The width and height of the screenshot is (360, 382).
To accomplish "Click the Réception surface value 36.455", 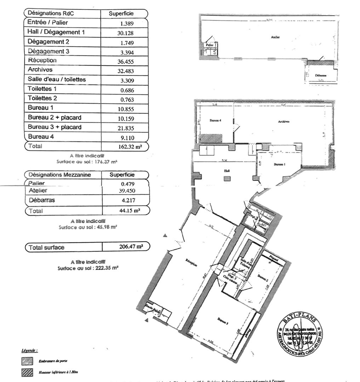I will point(126,61).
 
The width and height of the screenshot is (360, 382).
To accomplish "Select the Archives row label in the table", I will point(40,70).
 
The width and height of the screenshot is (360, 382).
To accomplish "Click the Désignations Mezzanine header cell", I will point(59,175).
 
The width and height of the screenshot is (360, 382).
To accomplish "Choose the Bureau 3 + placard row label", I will point(55,127).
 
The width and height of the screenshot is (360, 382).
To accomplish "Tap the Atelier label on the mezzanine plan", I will point(275,37).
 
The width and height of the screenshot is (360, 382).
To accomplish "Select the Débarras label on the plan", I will point(321,76).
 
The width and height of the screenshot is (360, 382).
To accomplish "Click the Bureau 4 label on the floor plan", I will point(215,121).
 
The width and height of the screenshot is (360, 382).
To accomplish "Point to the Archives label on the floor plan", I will point(284,121).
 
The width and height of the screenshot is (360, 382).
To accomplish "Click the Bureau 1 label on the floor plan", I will point(279,165).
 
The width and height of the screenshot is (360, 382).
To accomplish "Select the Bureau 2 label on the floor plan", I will point(262,278).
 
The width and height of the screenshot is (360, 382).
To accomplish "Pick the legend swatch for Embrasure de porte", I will point(27,361).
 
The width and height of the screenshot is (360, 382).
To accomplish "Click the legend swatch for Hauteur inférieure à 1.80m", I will point(27,372).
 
